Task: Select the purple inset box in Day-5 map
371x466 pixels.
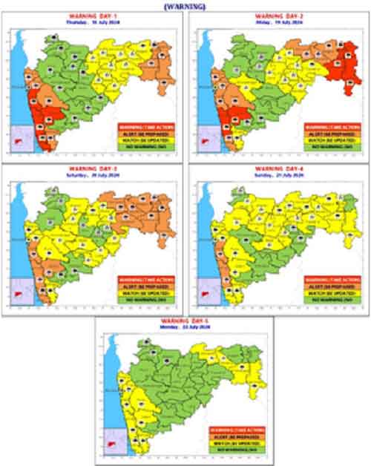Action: (x=113, y=441)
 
